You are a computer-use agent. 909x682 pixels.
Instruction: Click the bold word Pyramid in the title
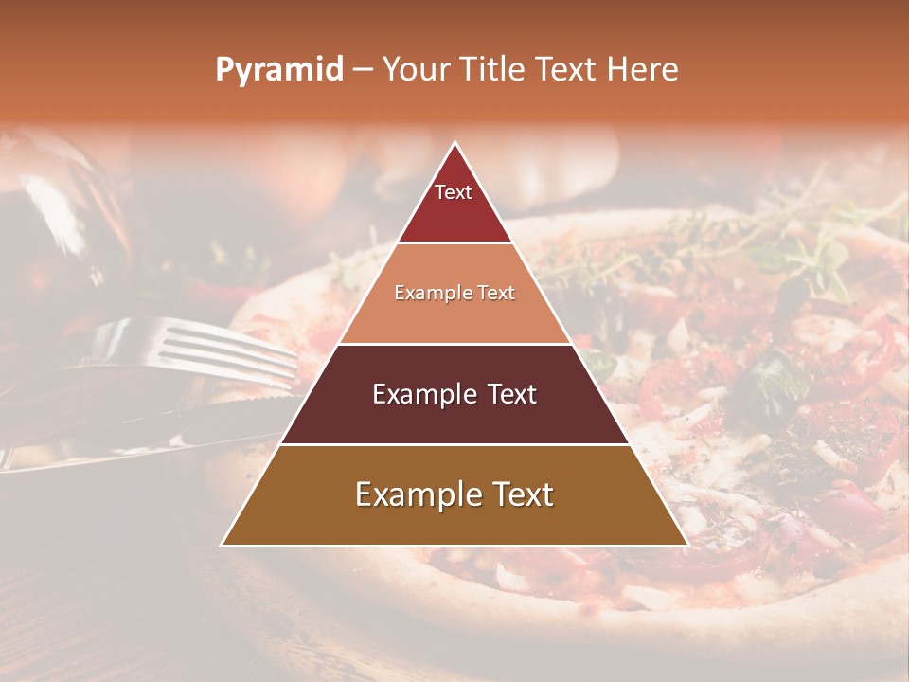pos(278,70)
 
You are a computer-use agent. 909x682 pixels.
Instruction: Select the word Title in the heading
pos(492,70)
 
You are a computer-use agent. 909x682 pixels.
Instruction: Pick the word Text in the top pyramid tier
pos(454,192)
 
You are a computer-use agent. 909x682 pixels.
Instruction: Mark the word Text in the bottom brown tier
pos(519,494)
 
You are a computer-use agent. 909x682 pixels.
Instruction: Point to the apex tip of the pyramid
pos(454,143)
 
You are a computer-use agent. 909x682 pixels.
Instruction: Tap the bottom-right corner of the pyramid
pos(686,545)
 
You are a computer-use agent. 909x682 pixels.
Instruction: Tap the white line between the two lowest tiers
pos(454,444)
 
